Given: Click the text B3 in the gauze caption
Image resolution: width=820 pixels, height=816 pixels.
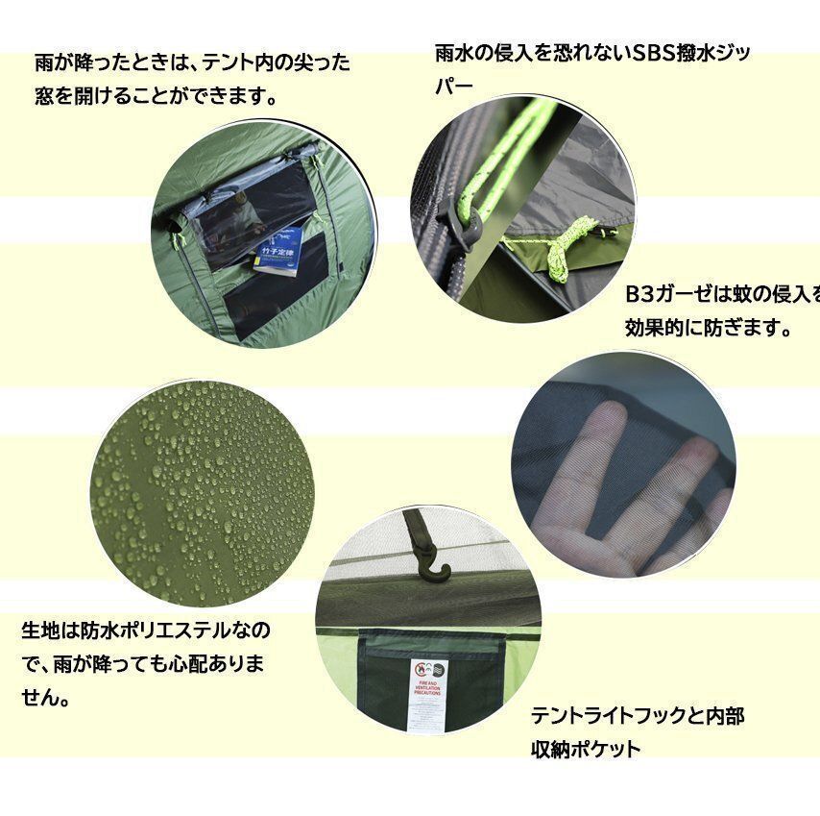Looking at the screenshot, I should pos(639,294).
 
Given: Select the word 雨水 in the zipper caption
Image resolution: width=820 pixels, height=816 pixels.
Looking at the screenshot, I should pos(452,54).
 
